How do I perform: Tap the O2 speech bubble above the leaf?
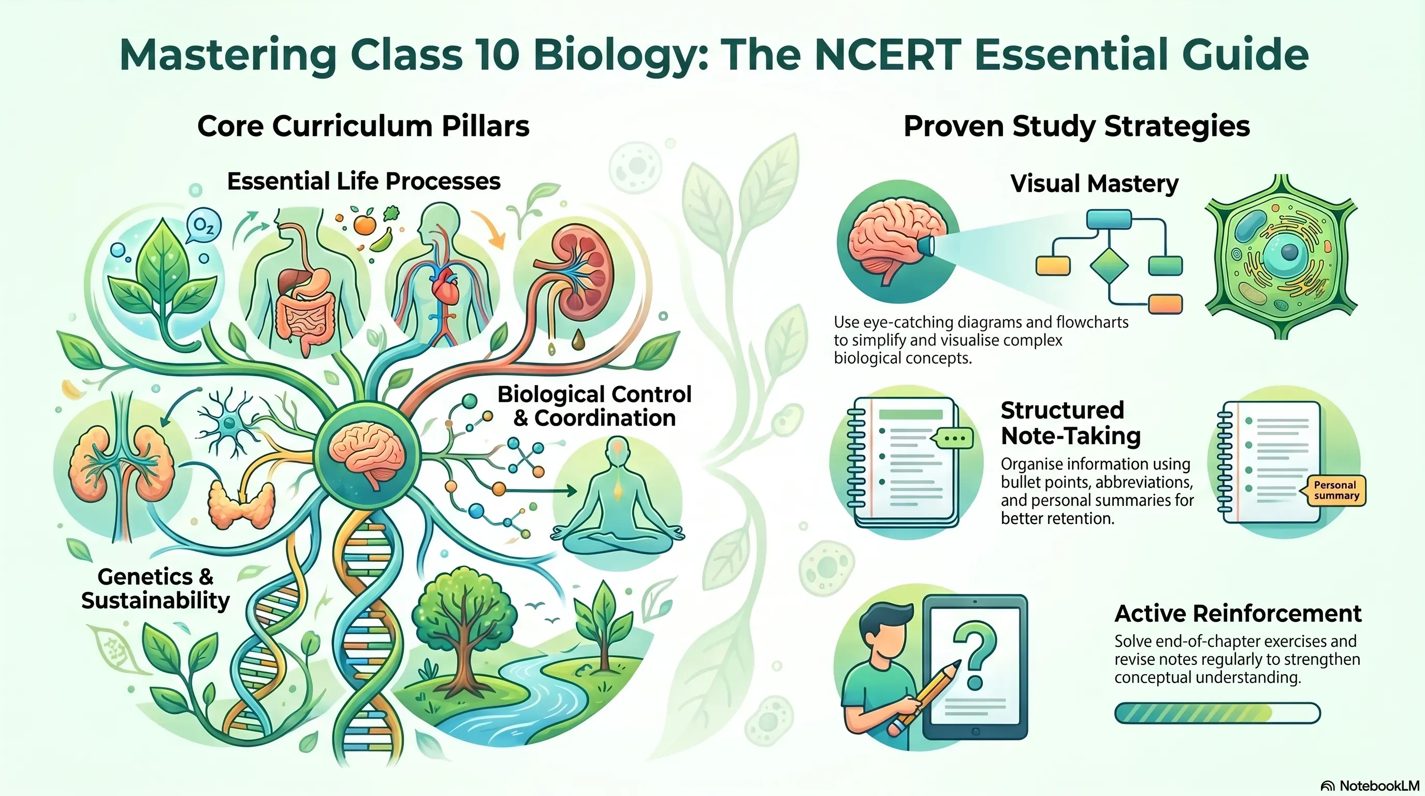click(x=203, y=226)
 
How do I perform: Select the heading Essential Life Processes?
click(x=364, y=181)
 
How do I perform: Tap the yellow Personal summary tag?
click(x=1336, y=490)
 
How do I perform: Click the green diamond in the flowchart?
click(x=1109, y=266)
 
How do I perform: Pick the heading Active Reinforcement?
click(x=1238, y=614)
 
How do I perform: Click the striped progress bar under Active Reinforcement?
click(x=1217, y=713)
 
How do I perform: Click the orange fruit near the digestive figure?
click(x=365, y=225)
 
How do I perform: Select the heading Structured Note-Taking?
click(x=1071, y=423)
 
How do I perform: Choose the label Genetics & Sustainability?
click(x=155, y=588)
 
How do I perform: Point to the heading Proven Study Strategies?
click(x=1077, y=126)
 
